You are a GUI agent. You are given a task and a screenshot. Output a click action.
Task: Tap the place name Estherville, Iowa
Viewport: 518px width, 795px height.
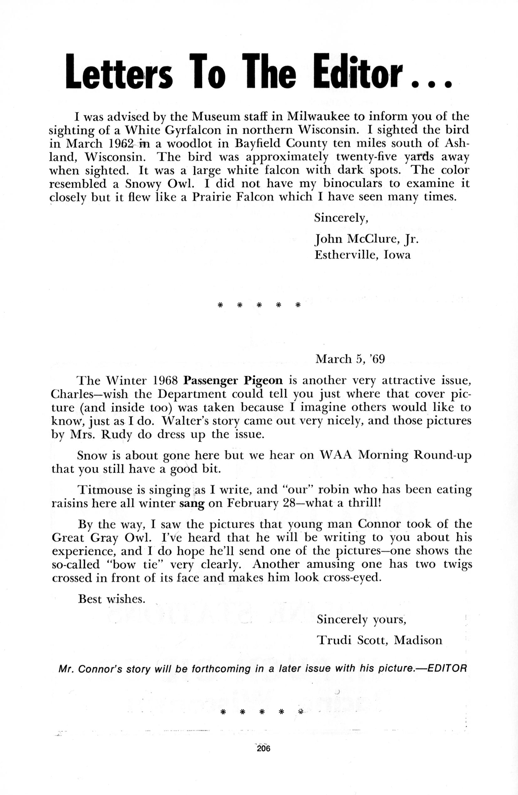pos(362,255)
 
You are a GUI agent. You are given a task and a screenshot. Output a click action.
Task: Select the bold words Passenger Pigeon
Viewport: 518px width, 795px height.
pos(233,380)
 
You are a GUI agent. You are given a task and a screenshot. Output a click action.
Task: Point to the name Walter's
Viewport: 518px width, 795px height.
pos(184,421)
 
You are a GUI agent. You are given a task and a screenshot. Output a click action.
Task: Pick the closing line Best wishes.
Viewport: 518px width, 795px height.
pos(111,599)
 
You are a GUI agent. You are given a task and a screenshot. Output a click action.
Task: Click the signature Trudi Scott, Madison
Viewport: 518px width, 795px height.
pos(379,640)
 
